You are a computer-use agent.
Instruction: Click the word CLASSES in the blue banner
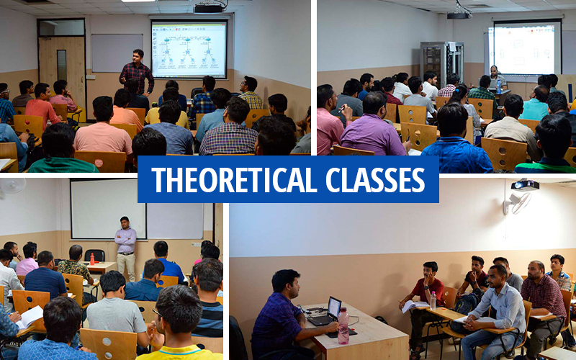point(375,179)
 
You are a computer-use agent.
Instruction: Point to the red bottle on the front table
point(92,258)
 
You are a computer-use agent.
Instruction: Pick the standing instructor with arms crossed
point(125,248)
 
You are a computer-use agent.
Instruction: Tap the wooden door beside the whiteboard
point(62,69)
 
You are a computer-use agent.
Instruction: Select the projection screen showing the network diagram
point(189,50)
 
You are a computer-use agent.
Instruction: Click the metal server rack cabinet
point(441,62)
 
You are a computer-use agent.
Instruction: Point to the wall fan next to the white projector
point(518,202)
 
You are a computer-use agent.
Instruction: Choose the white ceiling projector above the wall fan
point(525,185)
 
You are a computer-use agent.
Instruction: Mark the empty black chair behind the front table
point(94,256)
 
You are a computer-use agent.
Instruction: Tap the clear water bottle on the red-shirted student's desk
point(433,300)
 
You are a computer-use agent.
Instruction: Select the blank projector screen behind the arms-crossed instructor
point(109,209)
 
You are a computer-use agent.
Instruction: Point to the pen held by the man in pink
point(342,108)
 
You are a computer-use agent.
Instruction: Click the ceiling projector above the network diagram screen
point(210,7)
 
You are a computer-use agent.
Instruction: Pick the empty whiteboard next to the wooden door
point(117,53)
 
